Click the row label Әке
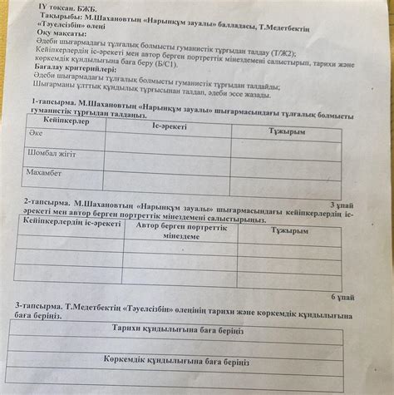36,133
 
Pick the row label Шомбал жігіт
52,153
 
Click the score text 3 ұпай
342,205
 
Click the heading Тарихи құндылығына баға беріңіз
177,328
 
